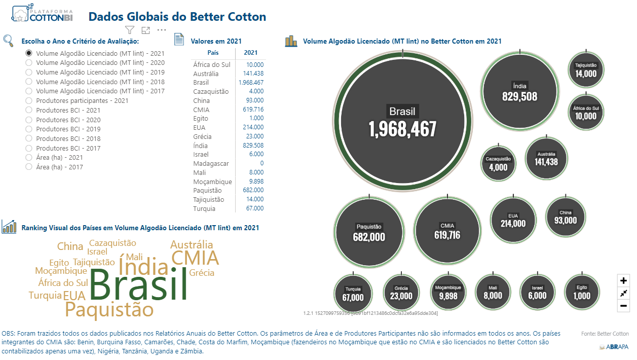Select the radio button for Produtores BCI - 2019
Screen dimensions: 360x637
point(29,129)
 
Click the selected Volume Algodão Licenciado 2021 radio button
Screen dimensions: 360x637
point(29,53)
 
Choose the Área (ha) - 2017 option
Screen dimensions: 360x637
point(29,167)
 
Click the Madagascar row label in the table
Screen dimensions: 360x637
point(211,163)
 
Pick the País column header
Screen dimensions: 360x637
point(213,53)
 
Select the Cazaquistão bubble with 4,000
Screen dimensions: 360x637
point(498,163)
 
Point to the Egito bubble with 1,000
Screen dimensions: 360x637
point(582,293)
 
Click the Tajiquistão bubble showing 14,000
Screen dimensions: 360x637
point(586,70)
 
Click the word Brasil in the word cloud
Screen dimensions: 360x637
point(138,285)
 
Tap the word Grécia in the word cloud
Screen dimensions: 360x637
point(202,273)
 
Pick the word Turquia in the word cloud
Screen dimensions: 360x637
point(45,296)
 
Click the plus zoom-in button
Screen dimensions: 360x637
point(624,280)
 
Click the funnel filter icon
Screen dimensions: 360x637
point(130,30)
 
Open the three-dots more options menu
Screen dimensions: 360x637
point(162,30)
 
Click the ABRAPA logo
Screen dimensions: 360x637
point(614,347)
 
